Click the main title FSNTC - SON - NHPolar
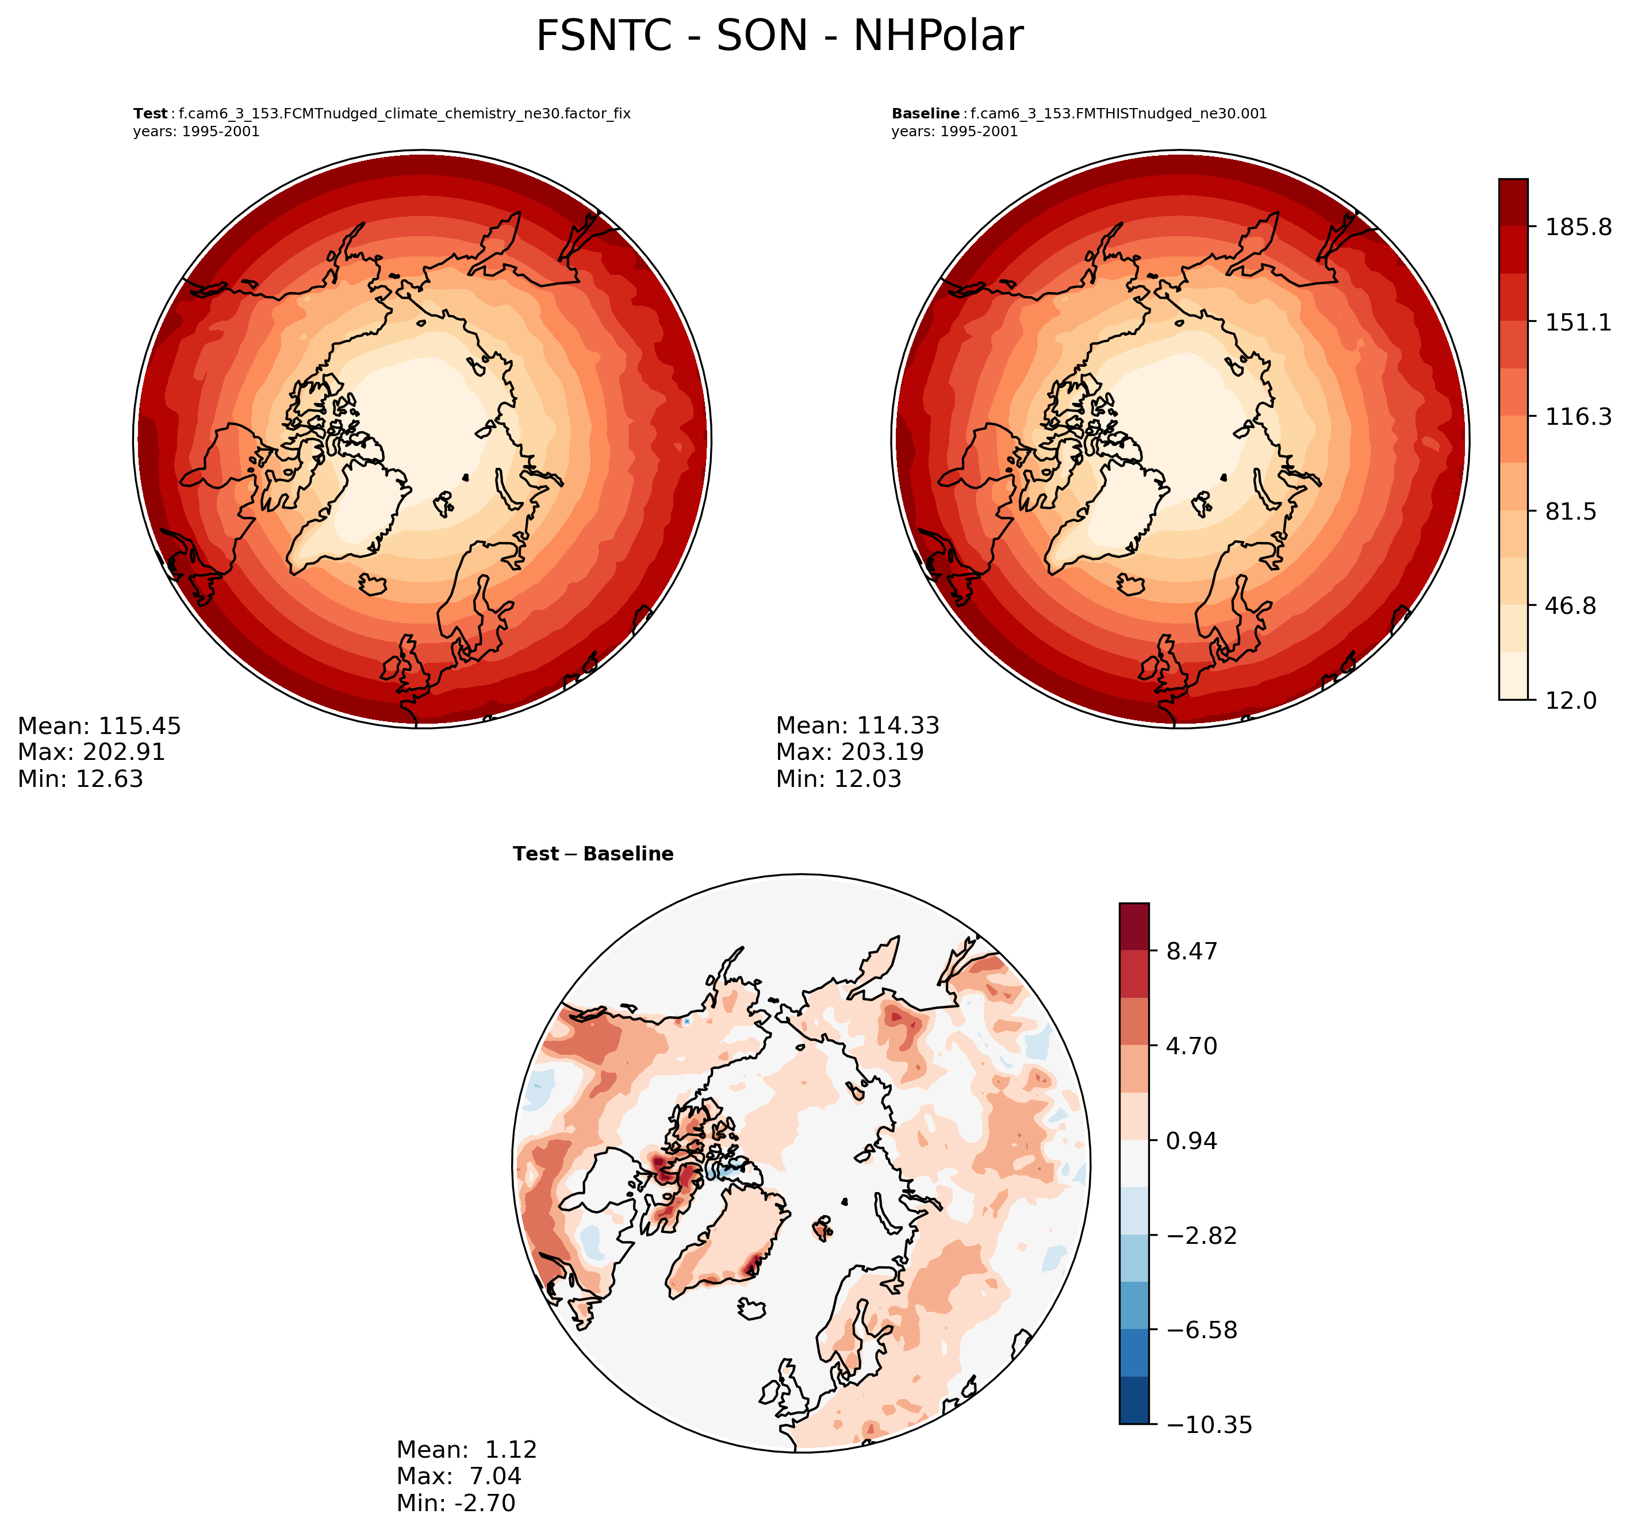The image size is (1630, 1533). pyautogui.click(x=779, y=37)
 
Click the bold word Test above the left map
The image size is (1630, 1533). pyautogui.click(x=150, y=114)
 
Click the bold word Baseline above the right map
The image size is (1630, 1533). pyautogui.click(x=925, y=114)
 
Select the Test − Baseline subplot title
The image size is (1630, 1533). pyautogui.click(x=593, y=854)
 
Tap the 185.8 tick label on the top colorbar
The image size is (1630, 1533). pyautogui.click(x=1578, y=227)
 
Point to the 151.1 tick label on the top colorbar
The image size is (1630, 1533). pyautogui.click(x=1578, y=322)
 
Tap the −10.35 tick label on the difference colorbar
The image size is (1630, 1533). pyautogui.click(x=1209, y=1426)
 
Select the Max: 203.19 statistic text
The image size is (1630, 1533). pyautogui.click(x=849, y=752)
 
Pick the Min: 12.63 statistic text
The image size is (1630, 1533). pyautogui.click(x=80, y=779)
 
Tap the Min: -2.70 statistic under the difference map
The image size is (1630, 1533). pyautogui.click(x=456, y=1503)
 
